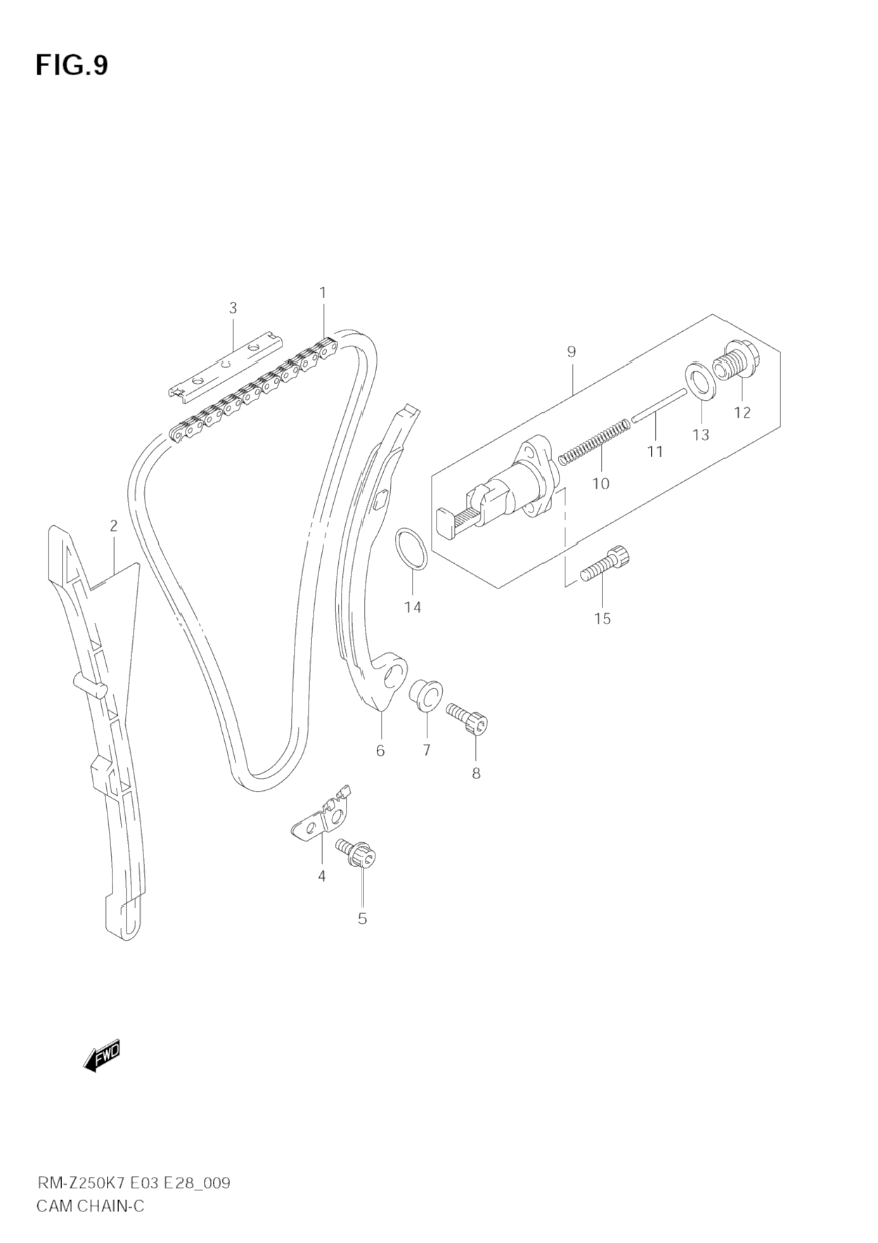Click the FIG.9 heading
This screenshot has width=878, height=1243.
[72, 65]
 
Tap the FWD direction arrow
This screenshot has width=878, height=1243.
[103, 1056]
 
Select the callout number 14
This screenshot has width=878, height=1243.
[413, 607]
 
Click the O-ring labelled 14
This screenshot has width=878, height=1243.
[411, 549]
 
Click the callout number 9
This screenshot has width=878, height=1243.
[571, 352]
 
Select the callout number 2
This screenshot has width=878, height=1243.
[113, 526]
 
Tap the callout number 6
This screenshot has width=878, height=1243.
[380, 751]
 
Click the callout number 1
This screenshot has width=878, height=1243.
[323, 292]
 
